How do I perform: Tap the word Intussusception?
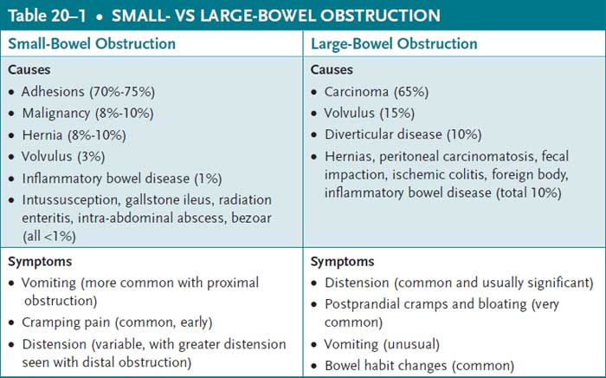coord(73,199)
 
